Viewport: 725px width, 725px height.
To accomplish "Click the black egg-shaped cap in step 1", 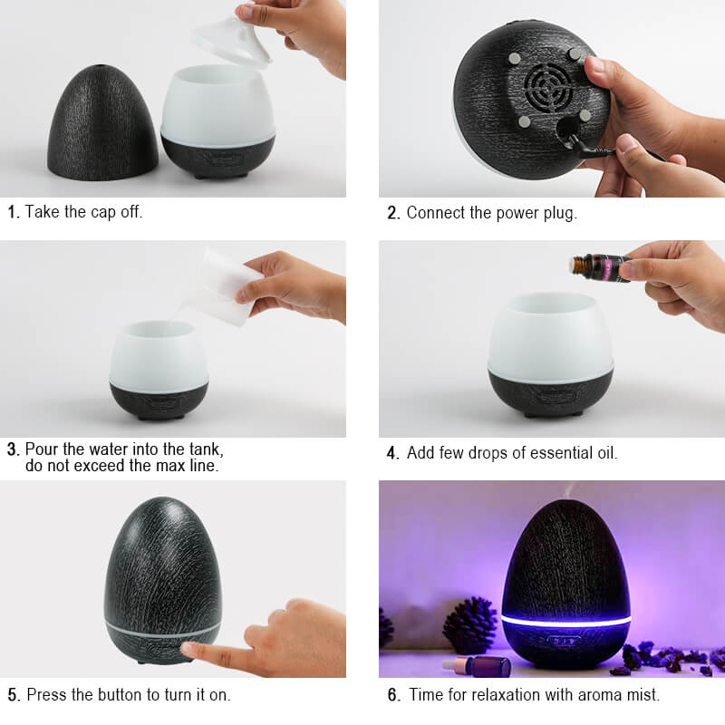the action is tap(102, 124).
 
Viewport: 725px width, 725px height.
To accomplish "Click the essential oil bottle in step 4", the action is tap(600, 267).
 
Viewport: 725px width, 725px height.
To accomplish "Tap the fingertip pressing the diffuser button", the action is tap(188, 648).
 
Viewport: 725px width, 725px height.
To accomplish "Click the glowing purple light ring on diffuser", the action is tap(565, 621).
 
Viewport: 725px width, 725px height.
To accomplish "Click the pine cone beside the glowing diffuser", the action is tap(470, 625).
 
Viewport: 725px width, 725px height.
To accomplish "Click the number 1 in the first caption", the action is tap(12, 212).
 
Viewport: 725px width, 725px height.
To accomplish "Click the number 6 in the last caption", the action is tap(393, 694).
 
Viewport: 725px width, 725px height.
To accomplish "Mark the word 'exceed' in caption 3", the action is tap(100, 466).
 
